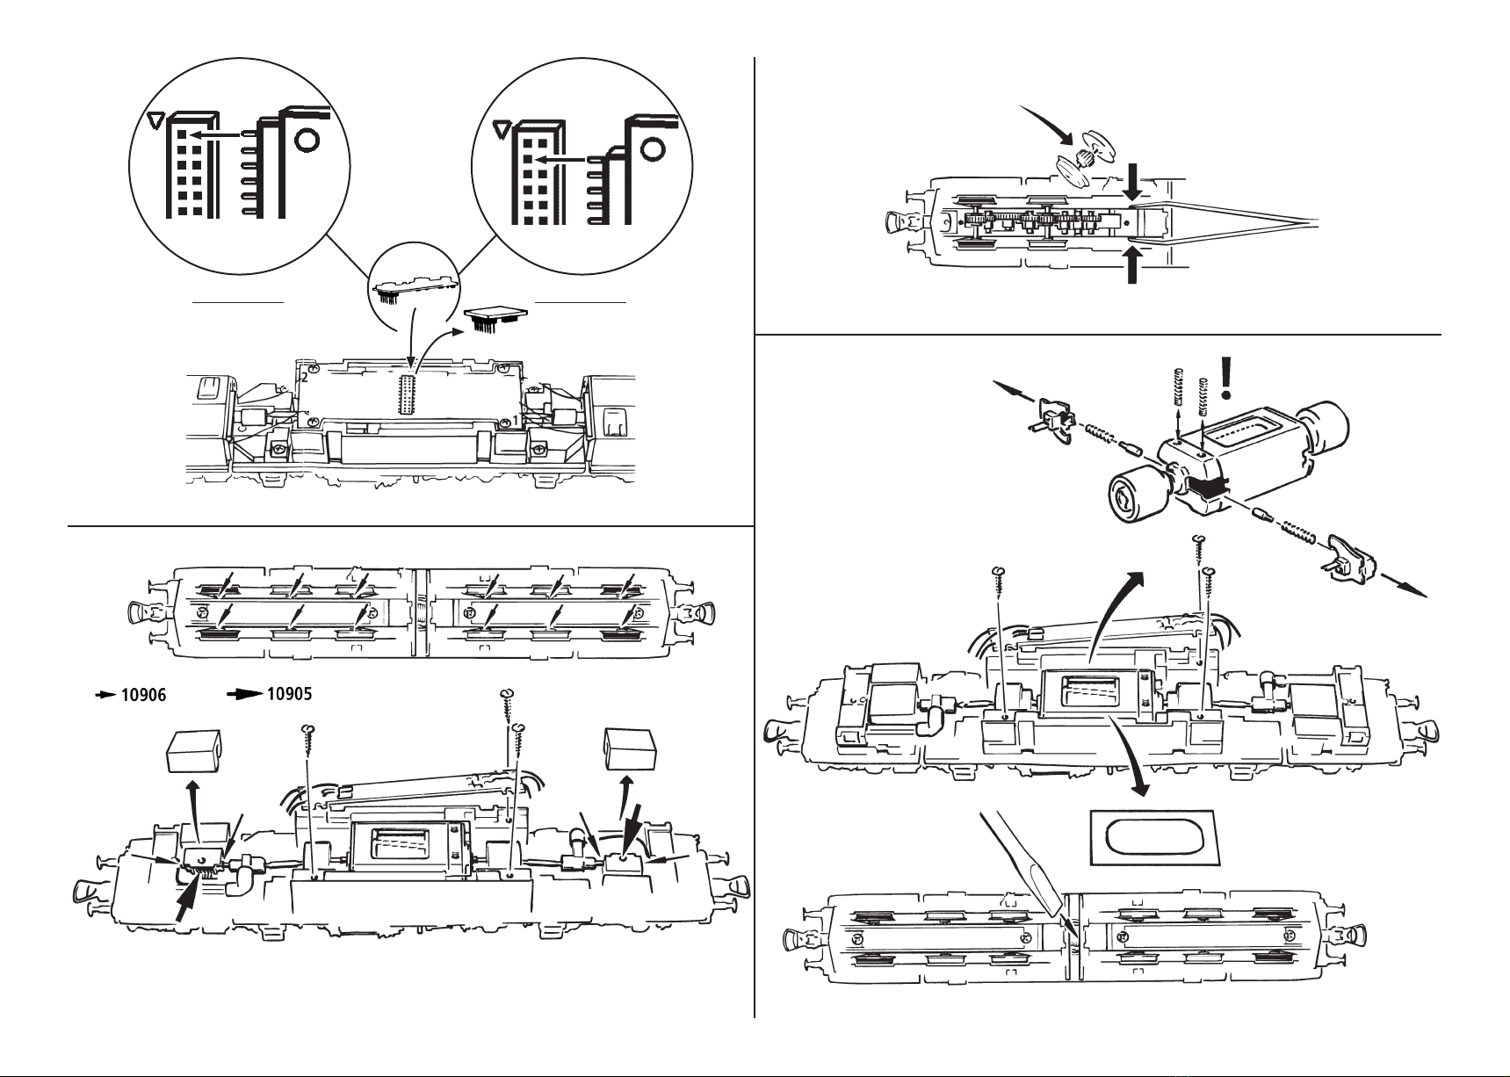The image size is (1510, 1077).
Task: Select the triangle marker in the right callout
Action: [x=500, y=130]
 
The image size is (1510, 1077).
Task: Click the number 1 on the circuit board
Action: [x=516, y=421]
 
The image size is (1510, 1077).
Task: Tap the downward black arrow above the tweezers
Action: [x=1133, y=183]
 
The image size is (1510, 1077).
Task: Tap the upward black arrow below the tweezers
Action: [x=1133, y=264]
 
